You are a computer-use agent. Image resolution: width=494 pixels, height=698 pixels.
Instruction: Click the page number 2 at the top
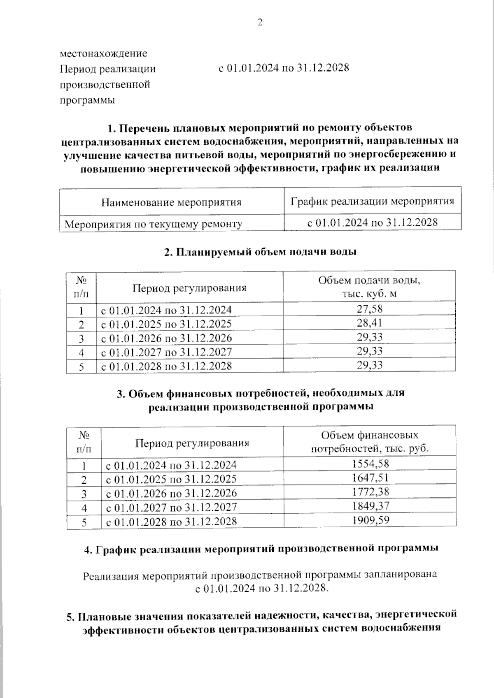point(260,23)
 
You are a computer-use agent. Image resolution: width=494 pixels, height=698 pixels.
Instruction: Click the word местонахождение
point(103,53)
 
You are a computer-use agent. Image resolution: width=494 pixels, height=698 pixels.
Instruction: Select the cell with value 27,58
point(369,309)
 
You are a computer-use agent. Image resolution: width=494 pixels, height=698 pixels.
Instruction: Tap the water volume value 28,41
point(369,323)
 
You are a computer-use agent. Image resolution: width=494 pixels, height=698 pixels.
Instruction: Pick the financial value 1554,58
point(370,464)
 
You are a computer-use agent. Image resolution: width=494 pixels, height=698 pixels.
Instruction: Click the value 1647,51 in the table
point(370,478)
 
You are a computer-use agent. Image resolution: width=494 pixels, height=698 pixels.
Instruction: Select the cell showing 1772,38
point(370,492)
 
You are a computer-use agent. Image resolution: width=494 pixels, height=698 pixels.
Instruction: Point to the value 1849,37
point(370,506)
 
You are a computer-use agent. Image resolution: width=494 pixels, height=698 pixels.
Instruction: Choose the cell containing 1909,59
point(370,520)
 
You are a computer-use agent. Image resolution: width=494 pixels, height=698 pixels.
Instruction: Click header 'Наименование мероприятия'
point(171,202)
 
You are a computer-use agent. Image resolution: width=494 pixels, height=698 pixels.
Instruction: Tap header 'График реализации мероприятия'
point(372,201)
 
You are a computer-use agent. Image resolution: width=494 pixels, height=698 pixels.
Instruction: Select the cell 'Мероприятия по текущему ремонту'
point(154,224)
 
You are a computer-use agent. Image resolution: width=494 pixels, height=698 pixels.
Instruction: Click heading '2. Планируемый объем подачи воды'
point(260,252)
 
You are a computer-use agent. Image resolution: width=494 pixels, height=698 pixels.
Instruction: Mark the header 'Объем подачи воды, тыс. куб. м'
point(369,287)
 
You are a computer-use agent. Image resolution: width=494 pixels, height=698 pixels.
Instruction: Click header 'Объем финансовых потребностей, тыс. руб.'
point(370,442)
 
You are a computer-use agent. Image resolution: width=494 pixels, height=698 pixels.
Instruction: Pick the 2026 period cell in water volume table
point(166,338)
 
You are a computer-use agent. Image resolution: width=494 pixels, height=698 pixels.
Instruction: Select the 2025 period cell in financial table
point(171,479)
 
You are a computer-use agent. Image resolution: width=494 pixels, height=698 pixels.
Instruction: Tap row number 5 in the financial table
point(84,522)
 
